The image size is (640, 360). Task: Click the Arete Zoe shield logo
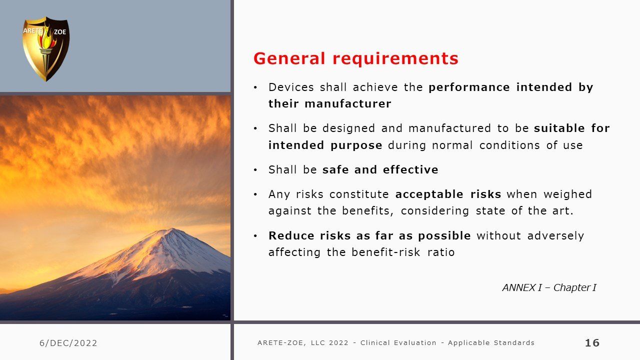(45, 49)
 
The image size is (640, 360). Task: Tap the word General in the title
(289, 58)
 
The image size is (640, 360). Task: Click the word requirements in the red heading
(395, 59)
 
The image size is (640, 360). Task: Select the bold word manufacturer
(347, 103)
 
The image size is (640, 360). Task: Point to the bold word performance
(469, 87)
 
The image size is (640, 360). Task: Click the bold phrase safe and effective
(380, 169)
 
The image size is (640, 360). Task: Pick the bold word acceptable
(429, 194)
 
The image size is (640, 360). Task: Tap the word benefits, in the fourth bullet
(367, 211)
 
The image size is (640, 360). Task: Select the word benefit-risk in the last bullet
(386, 252)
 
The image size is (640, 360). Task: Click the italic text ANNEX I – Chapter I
(549, 287)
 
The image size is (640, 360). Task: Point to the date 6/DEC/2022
(68, 343)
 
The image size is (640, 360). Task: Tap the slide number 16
(592, 342)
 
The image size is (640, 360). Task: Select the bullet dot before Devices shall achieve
(255, 87)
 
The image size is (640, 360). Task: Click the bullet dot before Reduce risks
(255, 236)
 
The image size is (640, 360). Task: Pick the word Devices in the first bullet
(291, 87)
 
